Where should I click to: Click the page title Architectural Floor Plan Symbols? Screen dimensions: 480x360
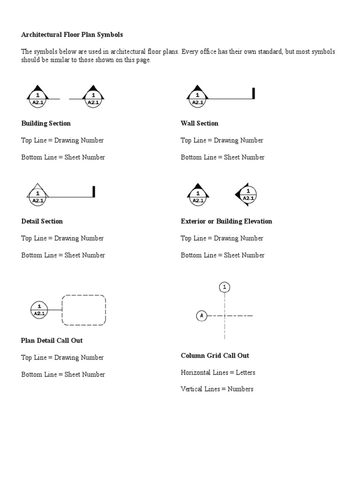pyautogui.click(x=72, y=35)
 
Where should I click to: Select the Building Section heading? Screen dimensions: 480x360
pyautogui.click(x=46, y=123)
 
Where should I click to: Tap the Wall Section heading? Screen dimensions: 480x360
pyautogui.click(x=200, y=123)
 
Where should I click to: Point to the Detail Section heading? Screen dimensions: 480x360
pyautogui.click(x=42, y=221)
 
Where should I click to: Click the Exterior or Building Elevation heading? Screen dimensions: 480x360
pyautogui.click(x=226, y=221)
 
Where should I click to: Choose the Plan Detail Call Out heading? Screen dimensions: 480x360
pyautogui.click(x=52, y=340)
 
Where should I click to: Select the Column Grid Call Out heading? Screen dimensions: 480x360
pyautogui.click(x=215, y=355)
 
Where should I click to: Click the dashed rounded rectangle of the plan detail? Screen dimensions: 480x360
pyautogui.click(x=84, y=310)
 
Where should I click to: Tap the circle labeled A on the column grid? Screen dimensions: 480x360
pyautogui.click(x=202, y=316)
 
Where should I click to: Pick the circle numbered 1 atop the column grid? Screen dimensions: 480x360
pyautogui.click(x=225, y=287)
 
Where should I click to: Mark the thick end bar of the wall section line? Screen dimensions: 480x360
pyautogui.click(x=254, y=93)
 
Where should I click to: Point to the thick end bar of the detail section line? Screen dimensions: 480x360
pyautogui.click(x=94, y=192)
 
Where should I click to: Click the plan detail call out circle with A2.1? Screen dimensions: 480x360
pyautogui.click(x=39, y=310)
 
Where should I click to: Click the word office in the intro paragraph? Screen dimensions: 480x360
pyautogui.click(x=218, y=52)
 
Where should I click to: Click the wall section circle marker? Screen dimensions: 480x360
pyautogui.click(x=197, y=97)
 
